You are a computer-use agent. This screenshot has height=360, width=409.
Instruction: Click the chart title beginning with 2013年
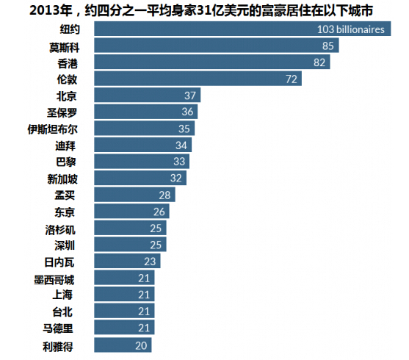pos(204,10)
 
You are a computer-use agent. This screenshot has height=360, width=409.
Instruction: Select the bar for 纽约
pos(242,29)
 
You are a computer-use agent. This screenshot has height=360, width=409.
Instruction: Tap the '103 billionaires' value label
pos(350,29)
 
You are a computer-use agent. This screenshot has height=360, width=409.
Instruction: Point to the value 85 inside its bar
pos(327,46)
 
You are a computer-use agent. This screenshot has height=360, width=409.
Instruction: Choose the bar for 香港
pos(213,63)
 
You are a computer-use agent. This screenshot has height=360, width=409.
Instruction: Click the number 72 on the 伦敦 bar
pos(291,79)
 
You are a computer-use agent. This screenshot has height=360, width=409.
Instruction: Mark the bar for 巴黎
pos(142,162)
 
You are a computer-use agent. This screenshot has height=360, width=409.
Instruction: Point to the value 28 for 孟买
pos(164,195)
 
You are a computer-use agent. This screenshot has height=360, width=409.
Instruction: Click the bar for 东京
pos(132,212)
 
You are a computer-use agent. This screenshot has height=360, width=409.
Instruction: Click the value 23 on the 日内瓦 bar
pos(150,261)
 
